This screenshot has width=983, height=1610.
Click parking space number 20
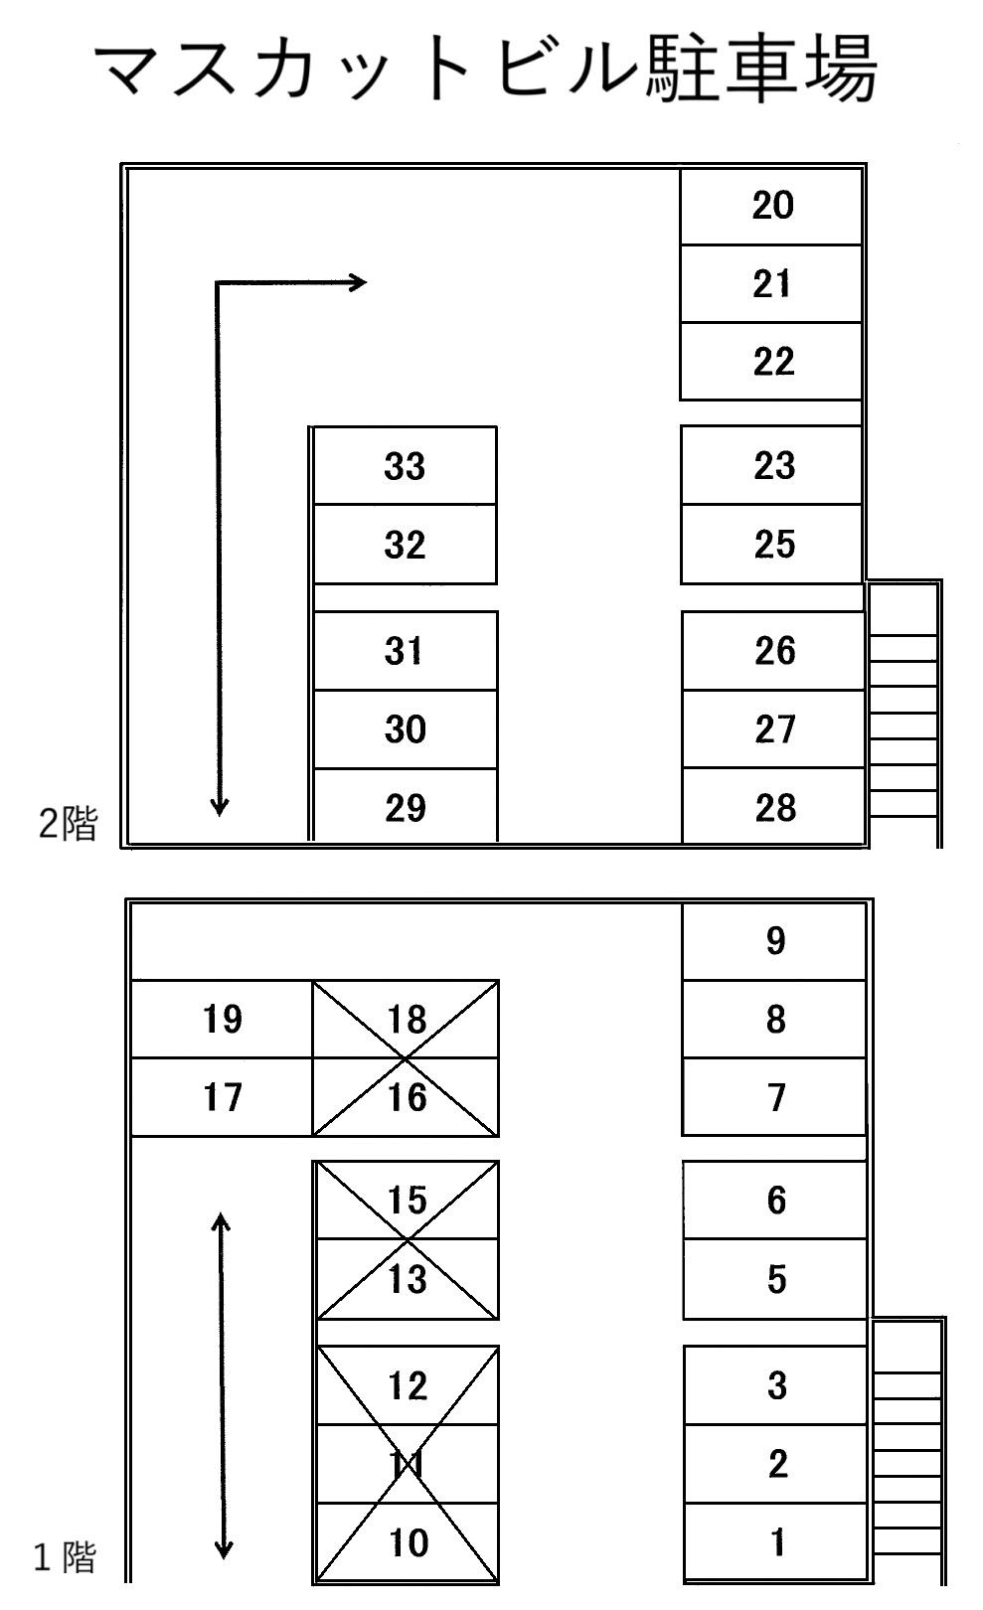click(x=771, y=207)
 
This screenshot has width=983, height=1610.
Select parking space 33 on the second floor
click(x=405, y=466)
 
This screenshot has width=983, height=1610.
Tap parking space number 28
click(x=773, y=807)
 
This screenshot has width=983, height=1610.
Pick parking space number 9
click(x=775, y=940)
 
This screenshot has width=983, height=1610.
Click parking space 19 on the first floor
click(x=222, y=1019)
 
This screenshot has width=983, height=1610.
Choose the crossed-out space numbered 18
click(x=406, y=1019)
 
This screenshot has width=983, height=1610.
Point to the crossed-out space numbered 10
click(x=407, y=1541)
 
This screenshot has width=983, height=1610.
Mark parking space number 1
click(x=777, y=1541)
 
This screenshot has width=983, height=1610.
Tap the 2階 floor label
click(x=68, y=824)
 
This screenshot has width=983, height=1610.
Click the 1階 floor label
click(x=66, y=1556)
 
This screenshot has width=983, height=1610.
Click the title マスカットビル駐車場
click(x=487, y=71)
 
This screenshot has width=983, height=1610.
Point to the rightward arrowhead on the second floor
click(x=358, y=283)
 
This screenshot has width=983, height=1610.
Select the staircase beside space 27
click(x=903, y=714)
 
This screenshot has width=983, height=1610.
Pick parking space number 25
click(x=773, y=545)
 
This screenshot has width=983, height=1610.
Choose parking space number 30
click(x=405, y=729)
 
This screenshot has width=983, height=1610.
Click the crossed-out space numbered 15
click(x=407, y=1200)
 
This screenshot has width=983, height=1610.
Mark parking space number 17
click(x=222, y=1097)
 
